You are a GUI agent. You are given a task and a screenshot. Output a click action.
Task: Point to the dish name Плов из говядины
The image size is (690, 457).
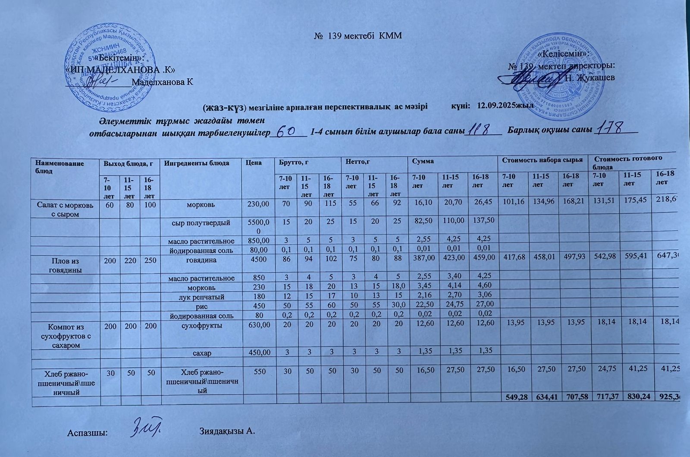pyautogui.click(x=66, y=264)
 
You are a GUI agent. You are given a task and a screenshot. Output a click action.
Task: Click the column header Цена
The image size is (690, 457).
pyautogui.click(x=254, y=163)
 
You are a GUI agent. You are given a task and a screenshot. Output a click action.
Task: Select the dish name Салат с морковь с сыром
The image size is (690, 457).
pyautogui.click(x=66, y=208)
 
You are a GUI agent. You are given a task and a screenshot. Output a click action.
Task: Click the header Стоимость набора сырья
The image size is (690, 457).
pyautogui.click(x=543, y=160)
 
